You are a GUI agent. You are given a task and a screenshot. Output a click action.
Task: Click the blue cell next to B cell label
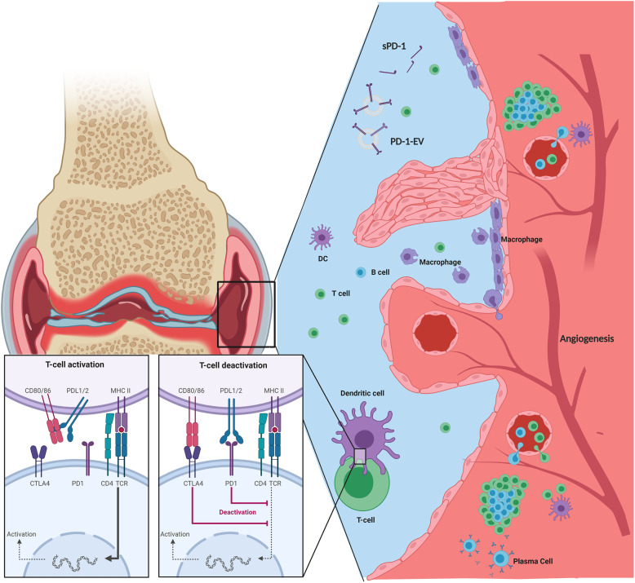coord(360,272)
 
